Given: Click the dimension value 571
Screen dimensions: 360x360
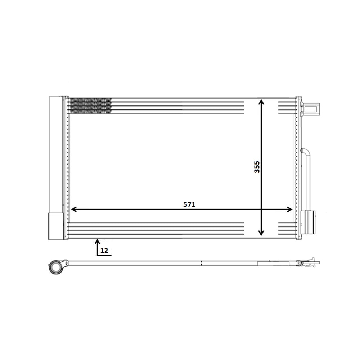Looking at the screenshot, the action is [x=189, y=204].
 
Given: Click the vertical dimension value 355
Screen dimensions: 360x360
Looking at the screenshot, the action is [x=257, y=167].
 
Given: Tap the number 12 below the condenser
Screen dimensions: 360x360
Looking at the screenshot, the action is [x=104, y=251].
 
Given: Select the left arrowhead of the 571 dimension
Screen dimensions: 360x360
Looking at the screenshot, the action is [x=74, y=209].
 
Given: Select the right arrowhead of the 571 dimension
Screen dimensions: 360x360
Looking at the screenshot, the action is [x=289, y=209].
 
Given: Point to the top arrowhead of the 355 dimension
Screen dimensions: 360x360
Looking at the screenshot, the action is [x=261, y=102].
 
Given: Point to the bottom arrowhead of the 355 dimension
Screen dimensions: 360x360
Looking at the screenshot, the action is [x=261, y=233].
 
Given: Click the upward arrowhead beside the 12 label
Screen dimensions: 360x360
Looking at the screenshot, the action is [x=97, y=242].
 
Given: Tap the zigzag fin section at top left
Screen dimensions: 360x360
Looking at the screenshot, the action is [x=90, y=106].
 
